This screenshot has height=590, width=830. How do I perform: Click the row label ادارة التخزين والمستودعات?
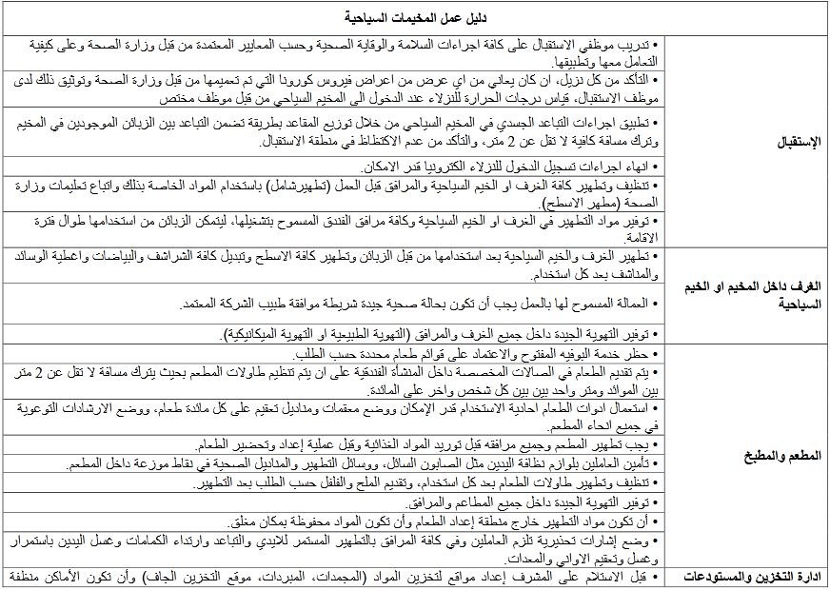pyautogui.click(x=746, y=577)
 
